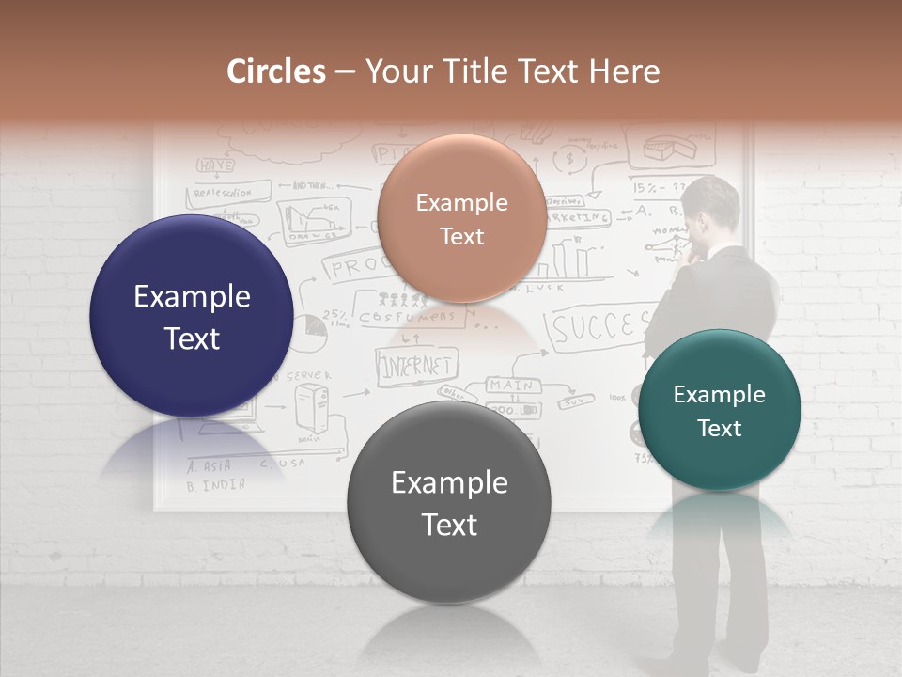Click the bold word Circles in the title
pyautogui.click(x=276, y=71)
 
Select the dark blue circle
pyautogui.click(x=192, y=316)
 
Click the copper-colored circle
pyautogui.click(x=461, y=218)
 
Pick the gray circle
pyautogui.click(x=449, y=502)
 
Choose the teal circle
pyautogui.click(x=719, y=410)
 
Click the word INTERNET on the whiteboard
pyautogui.click(x=416, y=366)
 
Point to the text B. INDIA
pyautogui.click(x=216, y=486)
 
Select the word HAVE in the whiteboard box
pyautogui.click(x=215, y=165)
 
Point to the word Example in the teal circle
pyautogui.click(x=719, y=395)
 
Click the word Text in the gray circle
pyautogui.click(x=449, y=525)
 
